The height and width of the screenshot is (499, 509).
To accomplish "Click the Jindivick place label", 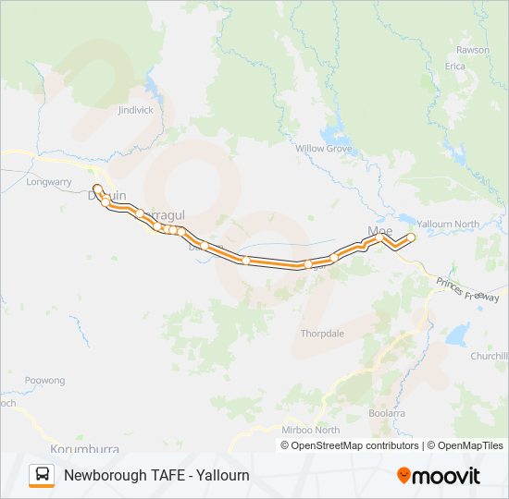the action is tap(135, 110).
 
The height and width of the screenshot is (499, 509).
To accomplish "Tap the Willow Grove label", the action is tap(323, 148).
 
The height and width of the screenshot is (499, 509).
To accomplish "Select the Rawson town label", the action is tap(472, 50).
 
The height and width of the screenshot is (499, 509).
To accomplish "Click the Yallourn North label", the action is tap(448, 225).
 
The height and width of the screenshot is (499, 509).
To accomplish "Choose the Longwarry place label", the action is tap(48, 182).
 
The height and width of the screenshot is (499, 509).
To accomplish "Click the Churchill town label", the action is tap(490, 356).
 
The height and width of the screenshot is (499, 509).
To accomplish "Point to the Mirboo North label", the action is tap(309, 430).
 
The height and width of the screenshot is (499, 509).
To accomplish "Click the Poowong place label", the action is tap(44, 381).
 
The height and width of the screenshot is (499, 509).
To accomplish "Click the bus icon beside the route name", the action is tap(42, 475).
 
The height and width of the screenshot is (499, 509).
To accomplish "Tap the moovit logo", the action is tap(439, 475).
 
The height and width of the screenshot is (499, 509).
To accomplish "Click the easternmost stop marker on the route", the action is tap(411, 237).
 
